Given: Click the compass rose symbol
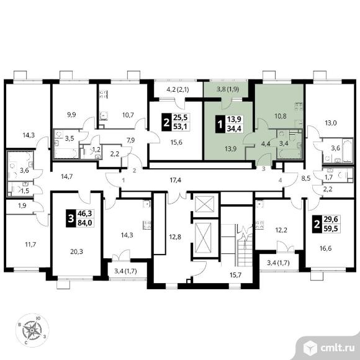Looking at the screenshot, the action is click(x=32, y=330).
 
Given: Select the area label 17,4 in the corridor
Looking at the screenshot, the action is click(x=176, y=180).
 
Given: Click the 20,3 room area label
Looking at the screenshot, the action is click(x=77, y=252).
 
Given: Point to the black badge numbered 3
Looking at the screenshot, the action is click(x=71, y=218).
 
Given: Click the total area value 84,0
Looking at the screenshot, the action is click(x=84, y=223).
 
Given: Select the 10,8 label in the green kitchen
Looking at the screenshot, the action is click(x=281, y=116).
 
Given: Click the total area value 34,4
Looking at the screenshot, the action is click(x=234, y=128).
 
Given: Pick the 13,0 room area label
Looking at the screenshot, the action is click(x=331, y=123).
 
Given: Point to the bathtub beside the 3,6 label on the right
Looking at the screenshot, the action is click(x=347, y=150).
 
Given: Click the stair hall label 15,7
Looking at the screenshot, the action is click(x=236, y=275).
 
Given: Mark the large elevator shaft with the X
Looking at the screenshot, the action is click(x=203, y=238).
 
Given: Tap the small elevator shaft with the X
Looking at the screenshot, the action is click(x=204, y=204).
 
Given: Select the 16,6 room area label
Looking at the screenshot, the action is click(x=326, y=248).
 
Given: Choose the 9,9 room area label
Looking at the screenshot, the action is click(x=71, y=115).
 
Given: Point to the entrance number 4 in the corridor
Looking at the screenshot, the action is click(x=280, y=181).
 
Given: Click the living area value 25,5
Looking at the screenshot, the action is click(x=180, y=117).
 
